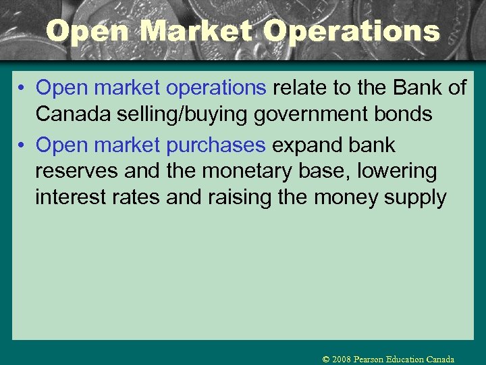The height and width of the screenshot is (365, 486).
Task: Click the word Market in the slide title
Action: tap(200, 31)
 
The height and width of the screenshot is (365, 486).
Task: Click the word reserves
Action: tap(77, 172)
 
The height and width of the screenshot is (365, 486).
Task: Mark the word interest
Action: tap(73, 198)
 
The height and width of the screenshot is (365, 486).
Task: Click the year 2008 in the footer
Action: tap(341, 360)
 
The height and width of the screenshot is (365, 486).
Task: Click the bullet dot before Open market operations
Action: tap(23, 89)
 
